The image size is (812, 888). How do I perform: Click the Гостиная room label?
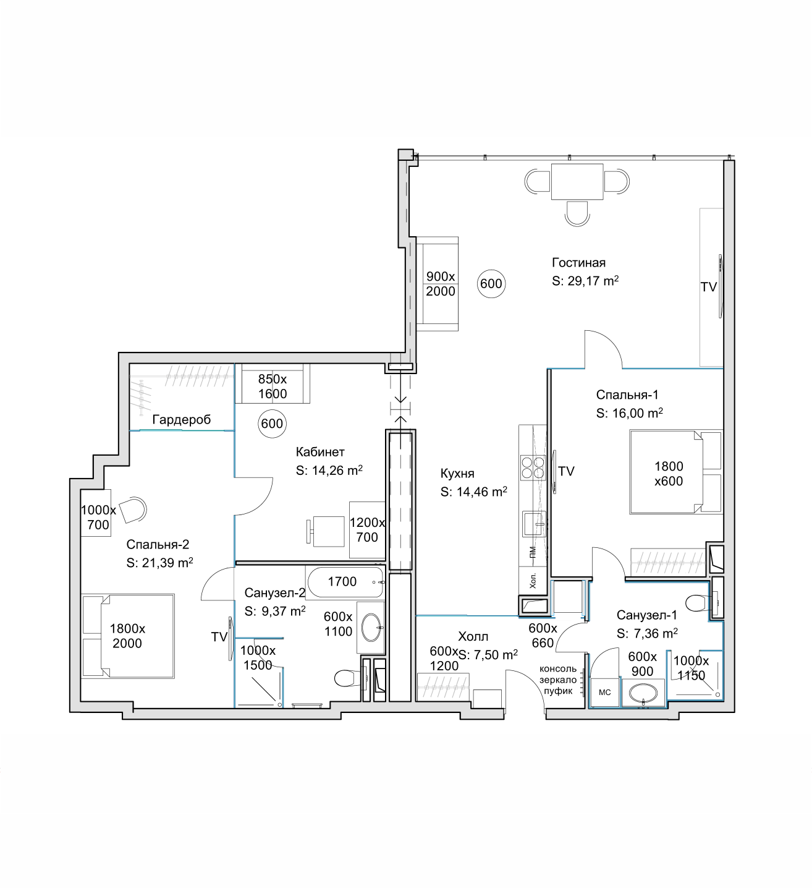click(578, 263)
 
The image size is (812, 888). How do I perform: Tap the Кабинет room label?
click(319, 451)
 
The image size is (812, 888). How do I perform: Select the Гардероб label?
click(182, 420)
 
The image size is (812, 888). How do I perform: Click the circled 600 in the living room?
click(491, 283)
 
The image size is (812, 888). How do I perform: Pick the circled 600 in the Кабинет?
click(272, 424)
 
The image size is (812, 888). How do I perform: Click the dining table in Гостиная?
click(577, 181)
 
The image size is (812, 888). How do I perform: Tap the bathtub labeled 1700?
click(344, 581)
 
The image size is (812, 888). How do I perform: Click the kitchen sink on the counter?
click(534, 524)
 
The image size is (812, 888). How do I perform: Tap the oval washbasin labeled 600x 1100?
click(370, 627)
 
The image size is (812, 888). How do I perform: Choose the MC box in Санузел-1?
click(604, 692)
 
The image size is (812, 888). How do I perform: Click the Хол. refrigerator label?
click(533, 580)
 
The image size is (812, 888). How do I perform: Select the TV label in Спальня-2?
click(219, 637)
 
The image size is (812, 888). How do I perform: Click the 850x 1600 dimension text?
click(272, 386)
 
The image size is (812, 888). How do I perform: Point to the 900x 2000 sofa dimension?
click(440, 284)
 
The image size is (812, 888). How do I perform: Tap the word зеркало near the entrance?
click(557, 680)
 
